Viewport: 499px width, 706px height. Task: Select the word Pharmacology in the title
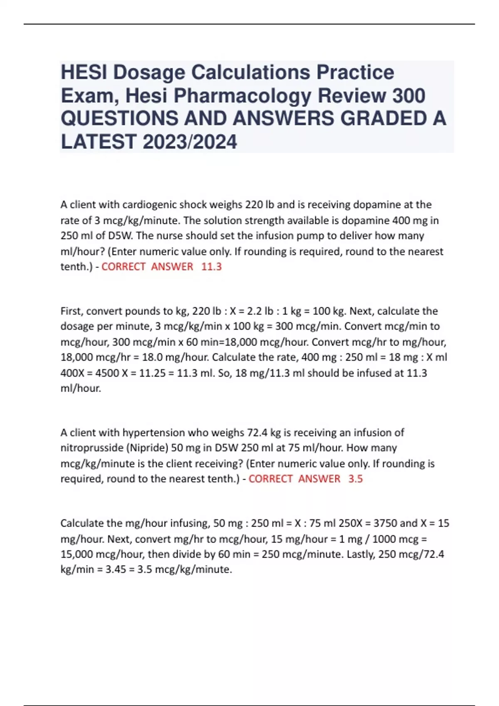point(242,96)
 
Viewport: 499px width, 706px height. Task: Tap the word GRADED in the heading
point(384,119)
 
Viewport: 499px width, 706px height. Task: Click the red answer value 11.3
point(211,267)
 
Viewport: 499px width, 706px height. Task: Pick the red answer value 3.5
point(356,479)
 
